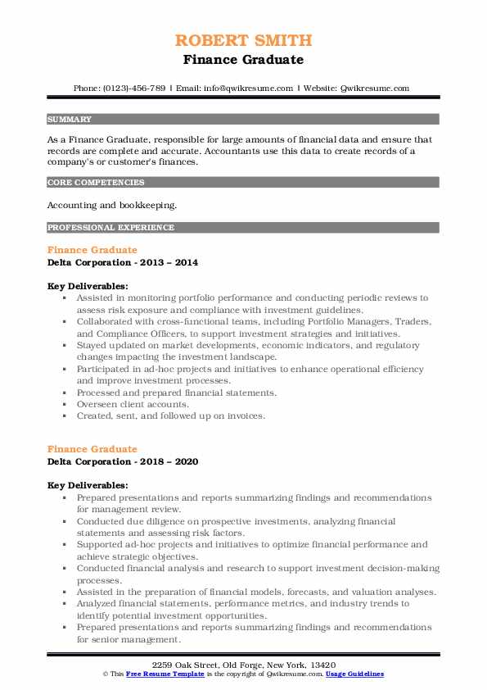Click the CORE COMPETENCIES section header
pyautogui.click(x=96, y=183)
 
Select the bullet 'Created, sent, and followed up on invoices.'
pyautogui.click(x=170, y=415)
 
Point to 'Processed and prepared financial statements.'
pyautogui.click(x=176, y=393)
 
